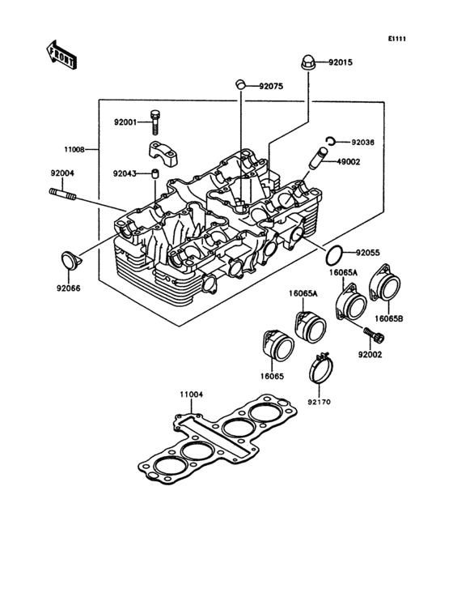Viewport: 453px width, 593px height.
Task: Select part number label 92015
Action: [x=341, y=62]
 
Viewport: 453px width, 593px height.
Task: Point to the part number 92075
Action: [x=272, y=85]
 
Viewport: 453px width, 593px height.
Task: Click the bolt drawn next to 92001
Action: [x=155, y=122]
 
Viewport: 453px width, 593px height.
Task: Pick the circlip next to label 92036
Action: [x=332, y=142]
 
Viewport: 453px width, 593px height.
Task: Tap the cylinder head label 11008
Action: [x=76, y=150]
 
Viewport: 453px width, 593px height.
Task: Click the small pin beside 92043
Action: [x=154, y=173]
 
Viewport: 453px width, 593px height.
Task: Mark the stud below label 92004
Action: [x=64, y=194]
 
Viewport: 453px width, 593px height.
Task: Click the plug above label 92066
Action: [x=68, y=261]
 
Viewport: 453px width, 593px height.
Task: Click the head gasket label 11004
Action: [x=190, y=395]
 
